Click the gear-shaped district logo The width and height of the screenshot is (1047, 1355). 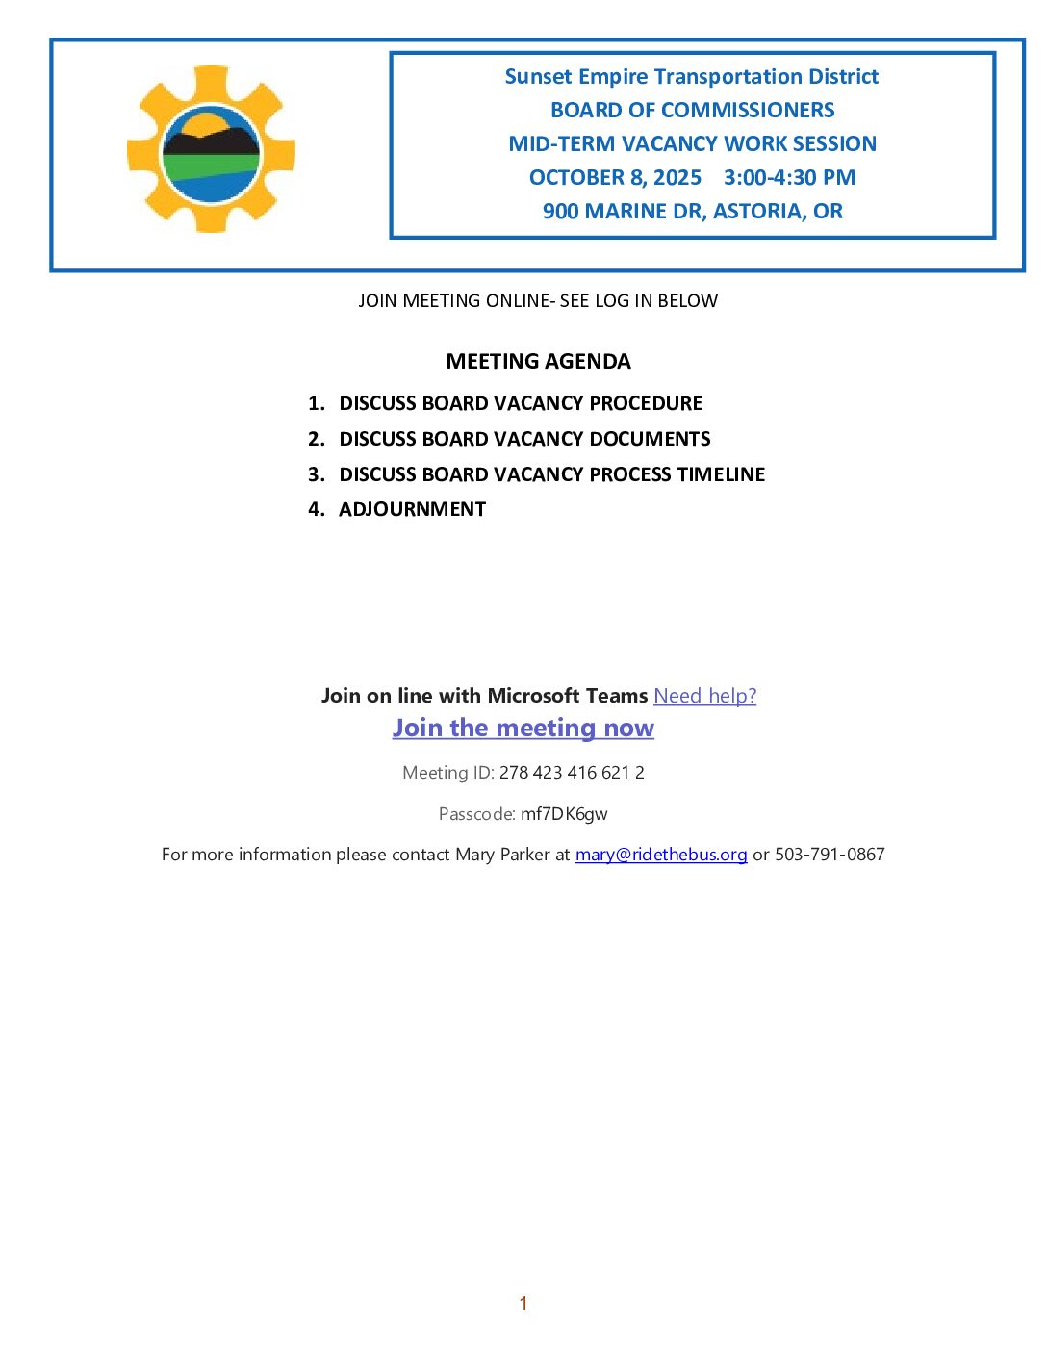211,149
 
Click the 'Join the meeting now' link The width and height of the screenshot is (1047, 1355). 523,729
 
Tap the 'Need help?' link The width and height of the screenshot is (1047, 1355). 704,696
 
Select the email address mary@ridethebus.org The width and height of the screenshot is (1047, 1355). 661,855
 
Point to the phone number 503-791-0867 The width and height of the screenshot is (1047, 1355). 830,855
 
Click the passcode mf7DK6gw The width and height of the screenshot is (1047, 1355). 564,814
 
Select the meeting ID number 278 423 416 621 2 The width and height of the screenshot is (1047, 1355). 572,773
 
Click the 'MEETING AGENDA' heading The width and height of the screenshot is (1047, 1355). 538,362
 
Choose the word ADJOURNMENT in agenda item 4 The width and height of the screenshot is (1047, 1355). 412,510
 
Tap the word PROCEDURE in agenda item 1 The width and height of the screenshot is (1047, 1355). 646,404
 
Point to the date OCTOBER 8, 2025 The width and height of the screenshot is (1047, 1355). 615,178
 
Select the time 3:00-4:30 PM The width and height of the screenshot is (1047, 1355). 789,178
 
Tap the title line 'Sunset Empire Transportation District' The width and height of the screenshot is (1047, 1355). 691,77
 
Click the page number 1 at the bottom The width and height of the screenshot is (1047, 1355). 523,1304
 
